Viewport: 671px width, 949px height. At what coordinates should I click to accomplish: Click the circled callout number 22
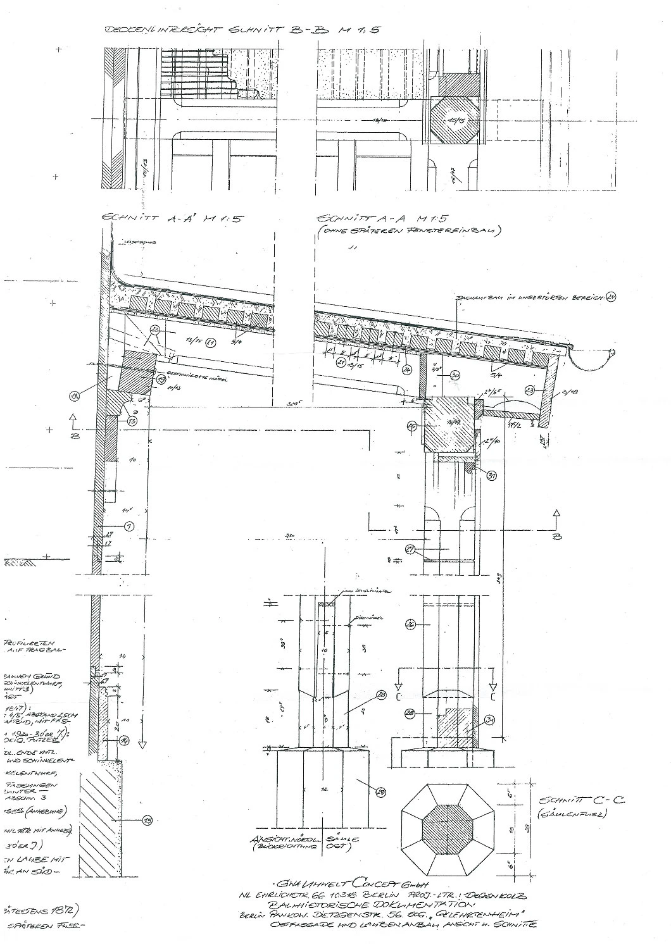point(154,330)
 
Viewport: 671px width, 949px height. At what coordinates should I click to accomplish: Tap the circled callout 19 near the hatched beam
point(161,379)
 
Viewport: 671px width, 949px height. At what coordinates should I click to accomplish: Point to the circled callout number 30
point(455,375)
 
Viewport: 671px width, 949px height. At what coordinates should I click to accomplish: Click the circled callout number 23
point(530,390)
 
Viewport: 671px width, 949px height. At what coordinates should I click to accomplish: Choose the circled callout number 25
point(413,426)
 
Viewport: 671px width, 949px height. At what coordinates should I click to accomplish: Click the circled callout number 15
point(147,821)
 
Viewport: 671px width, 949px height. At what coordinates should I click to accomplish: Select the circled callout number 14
point(125,740)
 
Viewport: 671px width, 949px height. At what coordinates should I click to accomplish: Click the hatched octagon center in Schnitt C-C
point(448,829)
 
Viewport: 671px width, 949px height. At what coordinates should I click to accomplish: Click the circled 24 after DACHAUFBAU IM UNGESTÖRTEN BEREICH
point(610,296)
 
